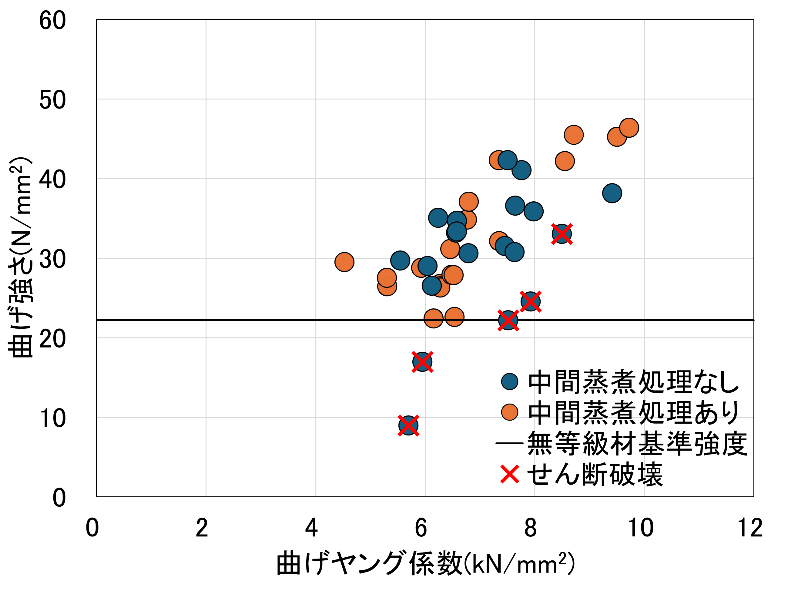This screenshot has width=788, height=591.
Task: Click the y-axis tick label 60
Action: (x=52, y=20)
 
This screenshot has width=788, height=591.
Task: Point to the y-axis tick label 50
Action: (x=52, y=100)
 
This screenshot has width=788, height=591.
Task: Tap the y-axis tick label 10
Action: (x=52, y=418)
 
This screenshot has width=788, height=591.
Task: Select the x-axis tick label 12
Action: (x=750, y=528)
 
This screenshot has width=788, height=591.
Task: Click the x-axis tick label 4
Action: (x=311, y=528)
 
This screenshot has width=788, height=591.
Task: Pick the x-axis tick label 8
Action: (x=531, y=528)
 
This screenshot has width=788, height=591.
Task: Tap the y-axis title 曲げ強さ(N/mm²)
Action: (x=20, y=257)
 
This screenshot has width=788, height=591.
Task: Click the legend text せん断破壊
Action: (x=595, y=475)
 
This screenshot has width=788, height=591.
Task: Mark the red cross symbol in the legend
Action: (x=509, y=475)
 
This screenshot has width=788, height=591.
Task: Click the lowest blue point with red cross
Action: (x=408, y=425)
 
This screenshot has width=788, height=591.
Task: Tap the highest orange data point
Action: (x=629, y=128)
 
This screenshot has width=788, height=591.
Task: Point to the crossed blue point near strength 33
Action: (x=562, y=234)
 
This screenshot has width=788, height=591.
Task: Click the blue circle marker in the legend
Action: (x=509, y=381)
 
